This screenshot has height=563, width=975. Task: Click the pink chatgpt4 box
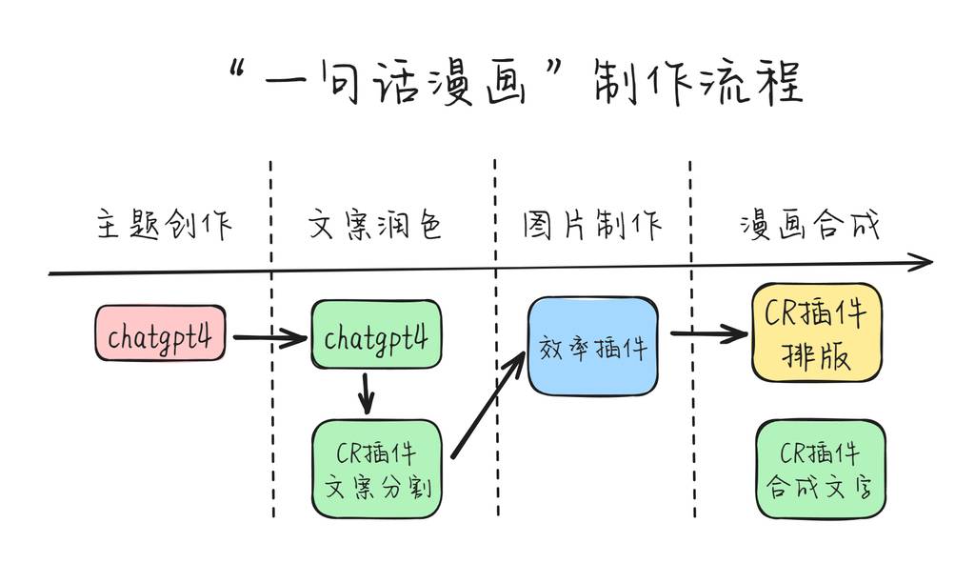(x=160, y=334)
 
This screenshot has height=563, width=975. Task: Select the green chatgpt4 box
(x=376, y=335)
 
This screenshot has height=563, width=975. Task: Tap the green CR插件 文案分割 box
(x=377, y=469)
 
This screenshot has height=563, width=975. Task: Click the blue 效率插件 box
(x=592, y=347)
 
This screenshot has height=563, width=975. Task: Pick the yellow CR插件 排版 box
(x=816, y=332)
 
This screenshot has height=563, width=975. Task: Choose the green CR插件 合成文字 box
(x=820, y=469)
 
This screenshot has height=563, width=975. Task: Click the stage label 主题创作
(x=164, y=226)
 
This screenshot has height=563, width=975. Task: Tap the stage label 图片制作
(x=591, y=225)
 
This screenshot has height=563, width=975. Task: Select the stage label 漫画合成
(x=809, y=226)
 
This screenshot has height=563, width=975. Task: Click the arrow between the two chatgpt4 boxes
(x=269, y=337)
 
